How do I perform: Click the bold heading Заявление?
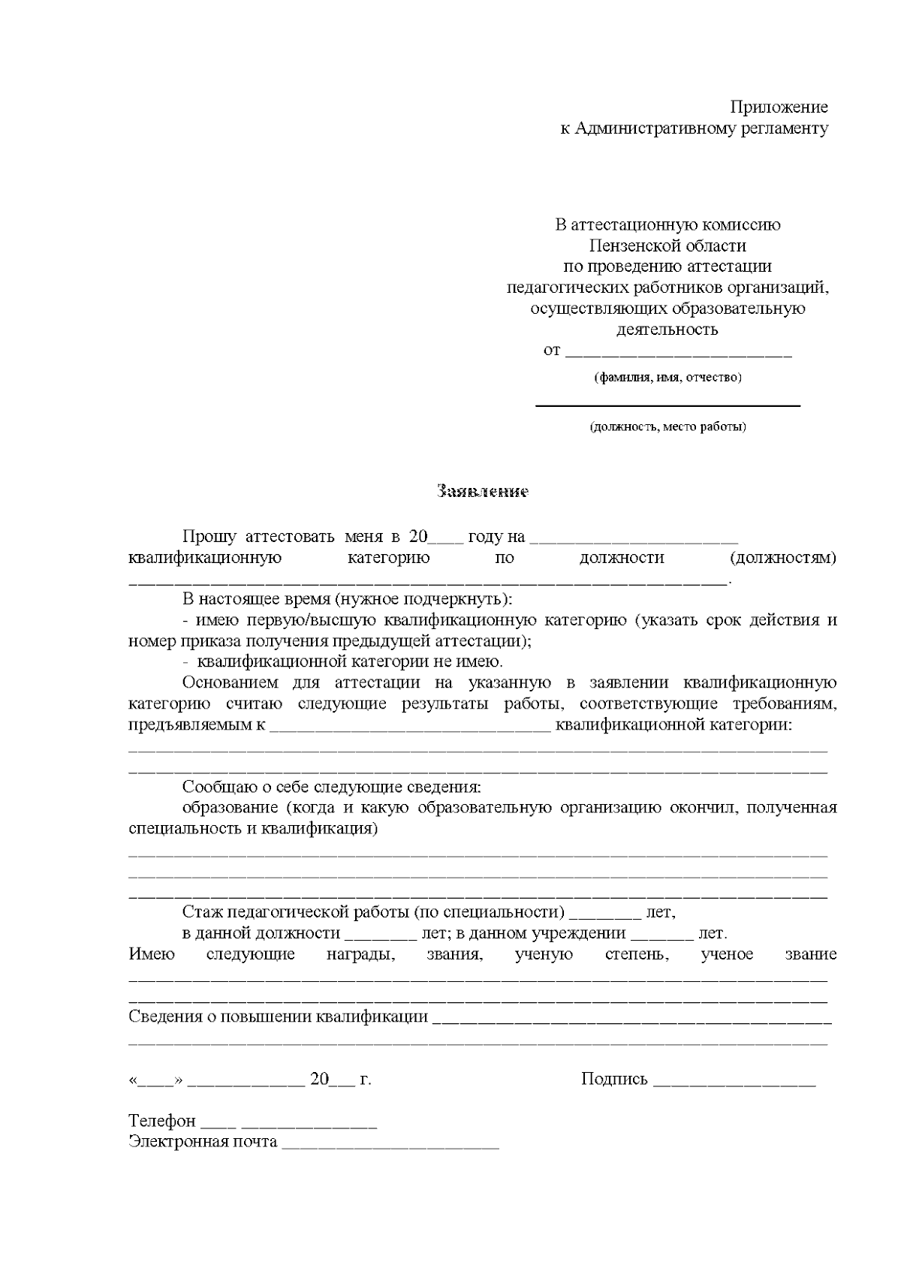pyautogui.click(x=483, y=492)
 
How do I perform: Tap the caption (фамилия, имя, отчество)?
pyautogui.click(x=667, y=378)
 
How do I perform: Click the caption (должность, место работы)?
pyautogui.click(x=667, y=427)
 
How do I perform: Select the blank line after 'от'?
pyautogui.click(x=678, y=353)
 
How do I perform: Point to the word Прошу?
pyautogui.click(x=209, y=537)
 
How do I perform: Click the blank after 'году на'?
pyautogui.click(x=634, y=540)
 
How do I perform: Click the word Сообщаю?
pyautogui.click(x=217, y=788)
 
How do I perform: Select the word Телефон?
pyautogui.click(x=161, y=1121)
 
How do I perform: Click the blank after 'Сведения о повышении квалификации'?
pyautogui.click(x=632, y=1020)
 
